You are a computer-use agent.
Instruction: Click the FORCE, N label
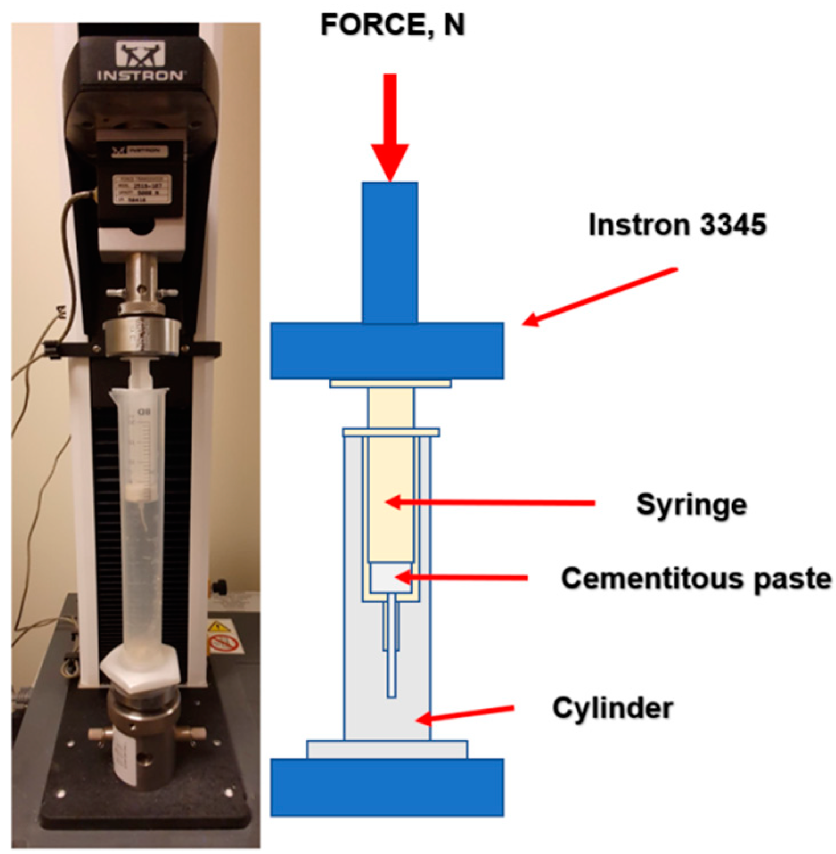(392, 25)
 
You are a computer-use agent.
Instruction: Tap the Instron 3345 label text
(677, 224)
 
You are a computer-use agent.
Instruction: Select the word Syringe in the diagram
(691, 505)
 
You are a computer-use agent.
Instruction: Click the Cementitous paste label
(696, 578)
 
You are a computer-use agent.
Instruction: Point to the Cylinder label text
(613, 708)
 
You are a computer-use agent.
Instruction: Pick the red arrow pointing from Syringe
(490, 503)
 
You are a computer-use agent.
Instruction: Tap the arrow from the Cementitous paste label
(461, 578)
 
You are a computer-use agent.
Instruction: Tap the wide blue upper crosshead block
(387, 350)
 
